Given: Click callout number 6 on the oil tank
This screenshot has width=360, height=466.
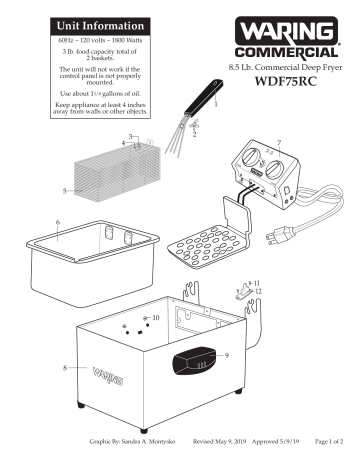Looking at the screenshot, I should [59, 221].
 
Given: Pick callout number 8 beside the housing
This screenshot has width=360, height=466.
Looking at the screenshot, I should [66, 369].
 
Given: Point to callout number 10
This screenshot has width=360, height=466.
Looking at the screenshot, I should [155, 317].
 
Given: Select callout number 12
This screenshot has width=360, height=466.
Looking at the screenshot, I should [258, 293].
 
